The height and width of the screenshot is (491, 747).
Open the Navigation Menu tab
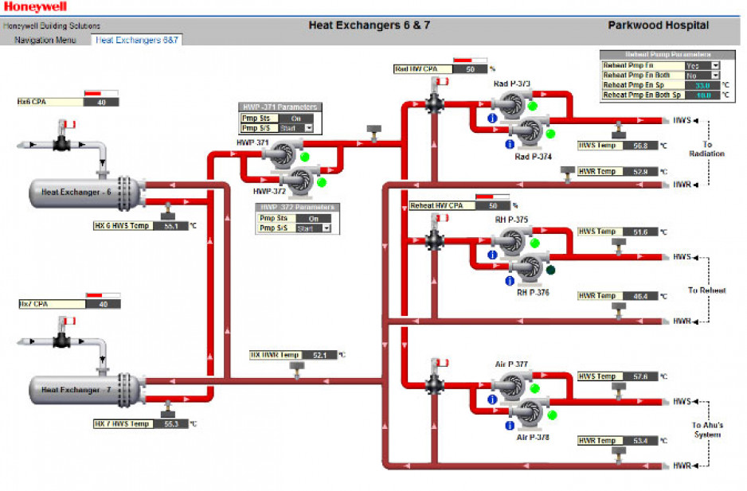point(45,39)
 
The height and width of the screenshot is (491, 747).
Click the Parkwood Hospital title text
point(658,25)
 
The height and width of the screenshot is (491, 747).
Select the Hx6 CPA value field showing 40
point(101,102)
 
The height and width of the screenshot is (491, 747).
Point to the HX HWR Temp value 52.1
point(319,355)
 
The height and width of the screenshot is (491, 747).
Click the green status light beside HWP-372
point(323,182)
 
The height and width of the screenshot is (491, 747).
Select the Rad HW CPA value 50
point(470,69)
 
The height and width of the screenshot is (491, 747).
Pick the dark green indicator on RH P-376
point(550,271)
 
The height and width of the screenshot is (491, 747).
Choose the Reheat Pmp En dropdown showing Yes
point(702,65)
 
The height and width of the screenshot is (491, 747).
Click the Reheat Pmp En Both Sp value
point(702,95)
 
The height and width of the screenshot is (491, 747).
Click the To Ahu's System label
point(707,430)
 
